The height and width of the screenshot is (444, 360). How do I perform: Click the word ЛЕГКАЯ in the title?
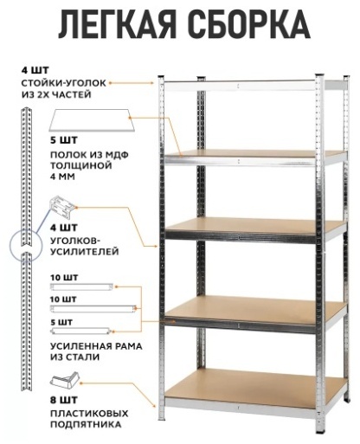(x=118, y=25)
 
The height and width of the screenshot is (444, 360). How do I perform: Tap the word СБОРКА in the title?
(x=250, y=25)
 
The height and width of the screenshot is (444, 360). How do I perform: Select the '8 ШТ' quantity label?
(x=64, y=400)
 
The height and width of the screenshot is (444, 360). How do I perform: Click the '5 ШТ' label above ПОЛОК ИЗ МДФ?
(x=64, y=140)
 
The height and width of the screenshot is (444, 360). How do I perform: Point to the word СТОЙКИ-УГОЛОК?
(x=64, y=83)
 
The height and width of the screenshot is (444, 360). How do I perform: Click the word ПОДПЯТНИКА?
(x=86, y=425)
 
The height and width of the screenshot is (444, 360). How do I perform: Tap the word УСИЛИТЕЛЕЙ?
(x=85, y=252)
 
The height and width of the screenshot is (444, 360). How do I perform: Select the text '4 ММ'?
(x=62, y=177)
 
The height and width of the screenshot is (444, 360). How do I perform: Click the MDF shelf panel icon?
(x=92, y=120)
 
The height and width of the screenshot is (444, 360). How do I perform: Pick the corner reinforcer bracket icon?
(x=62, y=206)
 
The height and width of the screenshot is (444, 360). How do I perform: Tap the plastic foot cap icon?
(x=65, y=379)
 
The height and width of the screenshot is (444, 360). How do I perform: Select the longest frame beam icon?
(x=93, y=309)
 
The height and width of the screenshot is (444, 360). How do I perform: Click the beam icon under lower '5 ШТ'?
(x=80, y=331)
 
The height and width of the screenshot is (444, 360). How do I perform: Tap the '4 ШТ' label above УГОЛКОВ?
(x=64, y=228)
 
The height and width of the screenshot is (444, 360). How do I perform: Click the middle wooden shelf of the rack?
(x=255, y=227)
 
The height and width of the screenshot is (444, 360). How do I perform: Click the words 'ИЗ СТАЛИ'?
(x=75, y=357)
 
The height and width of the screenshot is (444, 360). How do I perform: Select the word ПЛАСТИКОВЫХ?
(x=89, y=414)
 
